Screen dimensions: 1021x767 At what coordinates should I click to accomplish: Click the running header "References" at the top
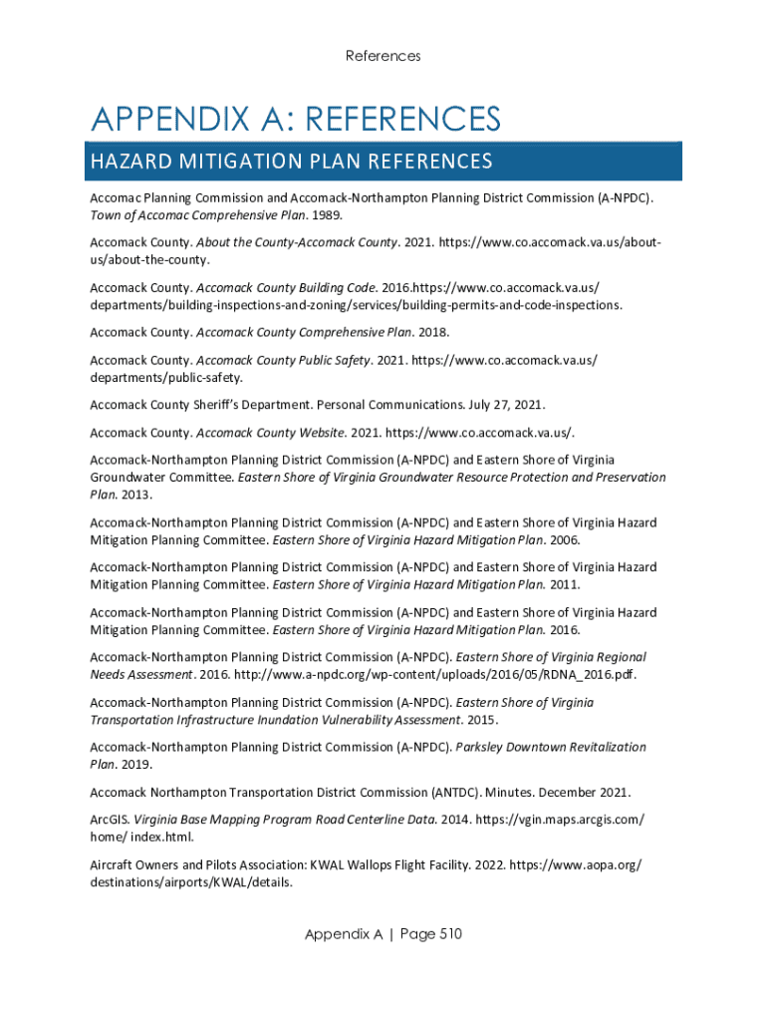pyautogui.click(x=383, y=56)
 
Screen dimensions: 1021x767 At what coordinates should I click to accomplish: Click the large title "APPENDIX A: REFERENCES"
pyautogui.click(x=296, y=121)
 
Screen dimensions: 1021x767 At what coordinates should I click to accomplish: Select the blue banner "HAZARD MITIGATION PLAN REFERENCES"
pyautogui.click(x=292, y=162)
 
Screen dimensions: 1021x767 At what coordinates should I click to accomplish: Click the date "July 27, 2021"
pyautogui.click(x=507, y=405)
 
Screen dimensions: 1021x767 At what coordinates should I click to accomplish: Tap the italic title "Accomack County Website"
pyautogui.click(x=271, y=433)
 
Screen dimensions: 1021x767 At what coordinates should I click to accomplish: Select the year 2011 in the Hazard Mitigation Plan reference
pyautogui.click(x=565, y=584)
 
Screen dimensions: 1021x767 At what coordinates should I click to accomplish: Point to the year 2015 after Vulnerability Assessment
pyautogui.click(x=482, y=719)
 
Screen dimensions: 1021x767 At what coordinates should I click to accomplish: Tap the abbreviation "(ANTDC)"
pyautogui.click(x=455, y=792)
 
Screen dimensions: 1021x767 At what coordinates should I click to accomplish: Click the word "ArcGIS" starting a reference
pyautogui.click(x=109, y=820)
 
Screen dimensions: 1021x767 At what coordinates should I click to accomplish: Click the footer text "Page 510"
pyautogui.click(x=430, y=934)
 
